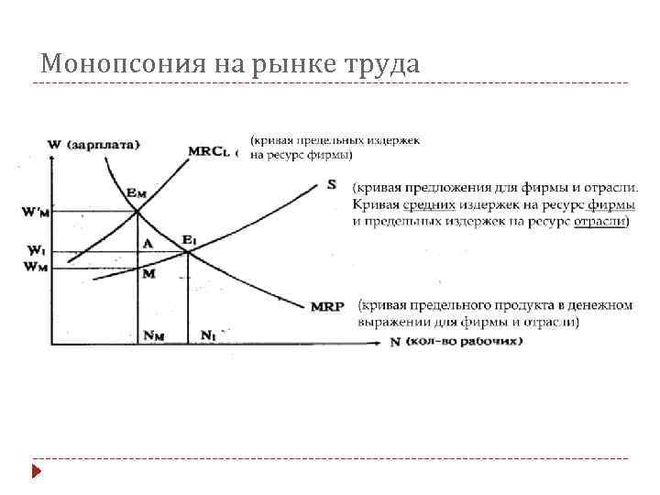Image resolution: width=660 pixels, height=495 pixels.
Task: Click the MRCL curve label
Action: click(x=208, y=150)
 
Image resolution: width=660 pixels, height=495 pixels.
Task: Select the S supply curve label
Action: click(x=331, y=184)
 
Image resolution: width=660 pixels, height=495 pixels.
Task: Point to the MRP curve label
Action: click(x=327, y=306)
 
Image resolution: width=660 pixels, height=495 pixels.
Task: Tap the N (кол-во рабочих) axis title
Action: click(x=456, y=342)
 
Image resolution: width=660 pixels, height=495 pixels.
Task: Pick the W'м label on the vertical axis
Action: click(x=35, y=213)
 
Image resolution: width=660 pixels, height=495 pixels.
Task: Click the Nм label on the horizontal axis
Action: click(x=153, y=335)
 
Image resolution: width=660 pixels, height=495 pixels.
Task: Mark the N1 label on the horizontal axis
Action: click(x=208, y=335)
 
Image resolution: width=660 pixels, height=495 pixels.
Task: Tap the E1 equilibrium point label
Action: click(x=189, y=240)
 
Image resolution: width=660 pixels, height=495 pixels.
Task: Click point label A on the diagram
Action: click(x=147, y=244)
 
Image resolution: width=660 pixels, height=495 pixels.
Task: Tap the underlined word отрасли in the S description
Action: click(x=599, y=222)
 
